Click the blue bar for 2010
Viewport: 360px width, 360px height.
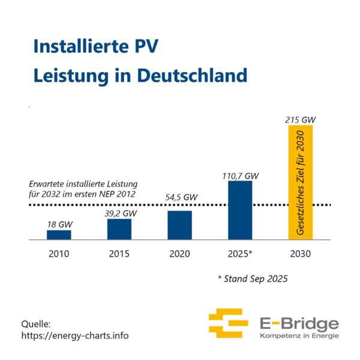pos(59,235)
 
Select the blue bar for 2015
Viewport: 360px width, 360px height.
pos(119,229)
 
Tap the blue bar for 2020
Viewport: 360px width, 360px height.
pos(179,225)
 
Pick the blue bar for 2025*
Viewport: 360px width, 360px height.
pos(239,210)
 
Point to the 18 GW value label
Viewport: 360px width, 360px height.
pos(59,224)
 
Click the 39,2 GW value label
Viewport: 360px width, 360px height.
pos(121,213)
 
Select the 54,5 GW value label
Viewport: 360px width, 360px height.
pos(181,197)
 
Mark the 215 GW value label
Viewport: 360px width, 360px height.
pos(300,120)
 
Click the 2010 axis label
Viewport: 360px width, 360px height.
pos(59,254)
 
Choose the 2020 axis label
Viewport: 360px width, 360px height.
pos(179,254)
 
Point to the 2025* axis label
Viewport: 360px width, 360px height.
pos(241,254)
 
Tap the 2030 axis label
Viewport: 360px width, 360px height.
pos(300,254)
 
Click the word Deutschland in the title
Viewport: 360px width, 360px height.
pos(192,76)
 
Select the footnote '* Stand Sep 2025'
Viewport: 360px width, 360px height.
pos(253,279)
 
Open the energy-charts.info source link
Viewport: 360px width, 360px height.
pos(74,335)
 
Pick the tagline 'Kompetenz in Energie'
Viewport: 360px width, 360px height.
pos(298,335)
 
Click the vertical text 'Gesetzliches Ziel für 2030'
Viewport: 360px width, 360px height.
pos(300,186)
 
